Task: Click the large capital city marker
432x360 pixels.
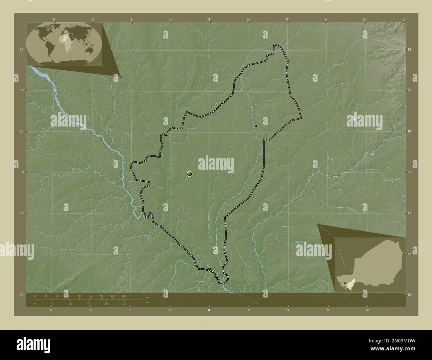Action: coord(189,174)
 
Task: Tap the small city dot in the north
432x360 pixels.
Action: coord(256,126)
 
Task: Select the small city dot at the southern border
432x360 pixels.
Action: coord(209,269)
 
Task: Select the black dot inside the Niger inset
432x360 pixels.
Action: coord(346,283)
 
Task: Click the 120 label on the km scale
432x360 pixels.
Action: coord(124,296)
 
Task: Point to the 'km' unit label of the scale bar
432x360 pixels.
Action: coord(147,297)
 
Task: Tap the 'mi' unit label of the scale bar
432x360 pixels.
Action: coord(147,302)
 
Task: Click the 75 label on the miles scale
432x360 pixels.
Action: coord(124,304)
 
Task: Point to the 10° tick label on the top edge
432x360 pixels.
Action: coord(365,19)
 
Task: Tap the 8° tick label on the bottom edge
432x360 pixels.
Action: coord(209,310)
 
